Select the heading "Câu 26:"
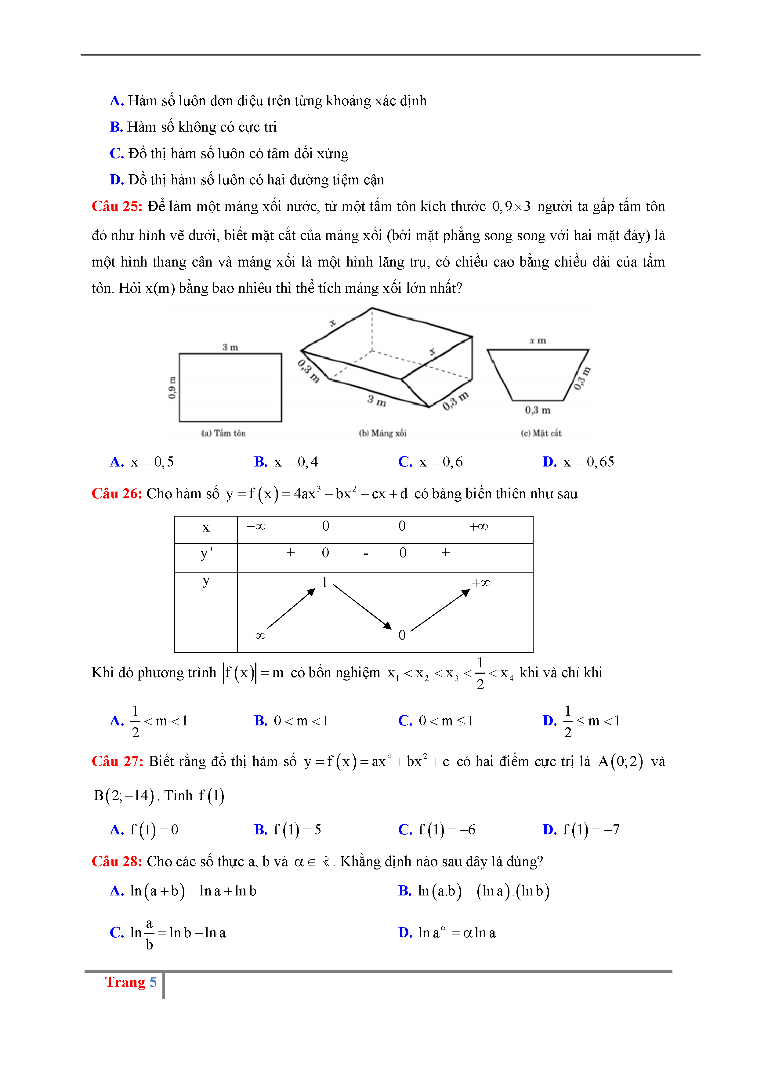click(x=117, y=493)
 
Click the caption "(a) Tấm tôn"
click(x=223, y=433)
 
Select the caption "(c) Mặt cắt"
click(x=541, y=433)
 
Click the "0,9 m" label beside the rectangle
click(x=172, y=387)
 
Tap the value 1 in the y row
click(x=325, y=582)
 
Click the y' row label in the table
click(x=206, y=554)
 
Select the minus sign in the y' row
click(x=366, y=554)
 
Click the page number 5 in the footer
click(x=153, y=982)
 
